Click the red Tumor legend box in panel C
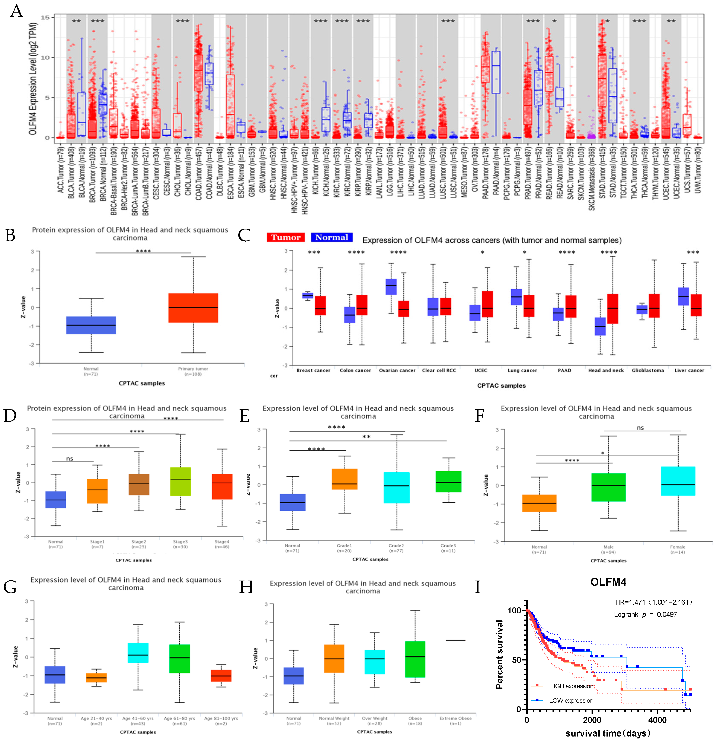click(286, 237)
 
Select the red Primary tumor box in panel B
click(193, 308)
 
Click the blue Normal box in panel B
click(91, 325)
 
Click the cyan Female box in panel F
click(678, 481)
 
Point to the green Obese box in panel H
click(415, 659)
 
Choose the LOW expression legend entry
click(571, 701)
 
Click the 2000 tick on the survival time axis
click(592, 720)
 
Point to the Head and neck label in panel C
click(606, 370)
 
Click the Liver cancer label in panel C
click(689, 370)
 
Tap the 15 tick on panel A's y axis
click(45, 17)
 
